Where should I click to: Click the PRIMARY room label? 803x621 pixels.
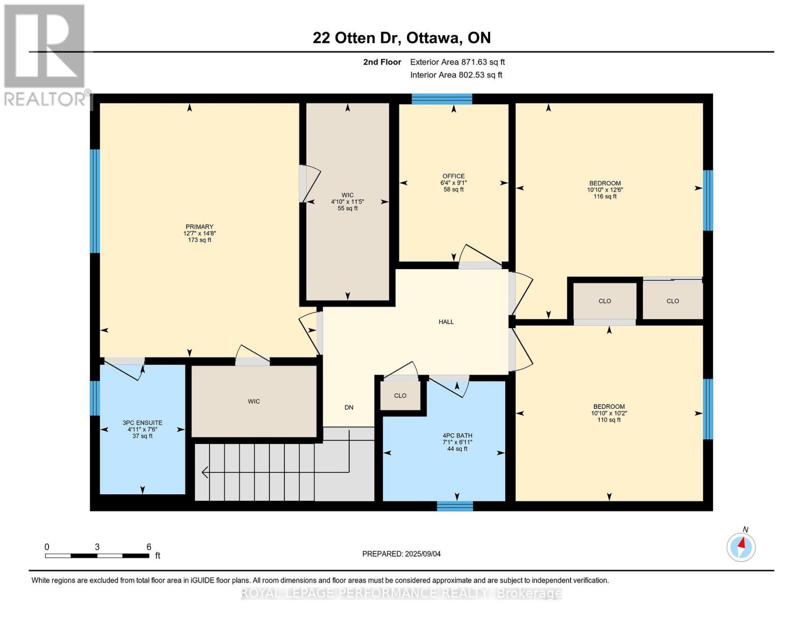click(x=199, y=226)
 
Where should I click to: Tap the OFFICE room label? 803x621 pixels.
click(x=453, y=176)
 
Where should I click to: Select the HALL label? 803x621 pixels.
click(x=446, y=322)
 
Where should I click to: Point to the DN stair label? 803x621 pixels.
click(x=349, y=407)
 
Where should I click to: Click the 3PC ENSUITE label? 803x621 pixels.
click(x=142, y=423)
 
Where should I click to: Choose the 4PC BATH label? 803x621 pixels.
click(x=457, y=436)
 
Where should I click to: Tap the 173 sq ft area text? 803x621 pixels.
click(x=199, y=240)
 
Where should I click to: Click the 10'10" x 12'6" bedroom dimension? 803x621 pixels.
click(x=605, y=190)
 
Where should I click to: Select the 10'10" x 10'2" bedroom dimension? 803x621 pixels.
click(x=609, y=413)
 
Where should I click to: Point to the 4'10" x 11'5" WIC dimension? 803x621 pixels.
click(x=347, y=202)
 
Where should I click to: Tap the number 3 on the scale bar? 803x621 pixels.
click(x=97, y=546)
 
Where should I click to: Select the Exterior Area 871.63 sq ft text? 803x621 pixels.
click(x=457, y=62)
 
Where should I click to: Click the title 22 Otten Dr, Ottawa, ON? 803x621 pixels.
click(x=402, y=38)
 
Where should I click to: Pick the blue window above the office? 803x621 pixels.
click(x=442, y=99)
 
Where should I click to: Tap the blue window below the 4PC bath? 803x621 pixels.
click(x=455, y=506)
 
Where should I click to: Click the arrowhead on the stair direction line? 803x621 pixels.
click(x=204, y=472)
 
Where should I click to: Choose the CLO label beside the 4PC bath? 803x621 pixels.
click(x=400, y=395)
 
